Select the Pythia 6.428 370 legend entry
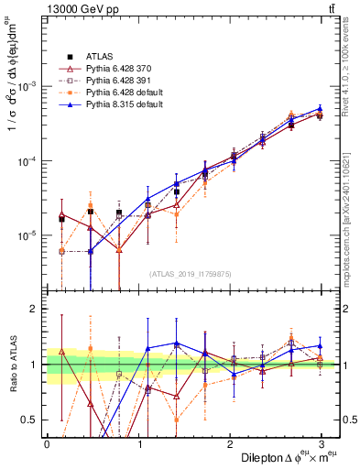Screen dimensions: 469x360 point(120,69)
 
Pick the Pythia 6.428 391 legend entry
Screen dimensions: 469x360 point(120,81)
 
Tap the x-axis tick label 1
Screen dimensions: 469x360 point(141,442)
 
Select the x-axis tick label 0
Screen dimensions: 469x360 point(47,442)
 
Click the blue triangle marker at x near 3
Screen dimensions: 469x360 point(320,108)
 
